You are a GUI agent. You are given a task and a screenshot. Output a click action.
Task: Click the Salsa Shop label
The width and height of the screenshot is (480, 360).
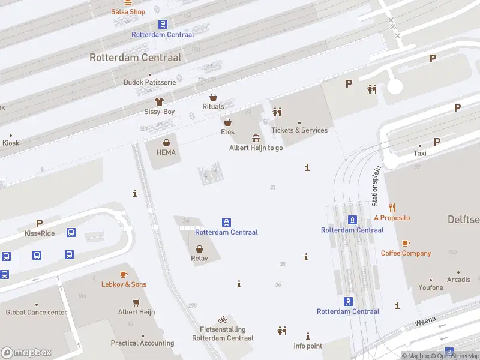point(128,12)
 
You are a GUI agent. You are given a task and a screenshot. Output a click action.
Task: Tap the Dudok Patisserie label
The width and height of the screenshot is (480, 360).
point(149,82)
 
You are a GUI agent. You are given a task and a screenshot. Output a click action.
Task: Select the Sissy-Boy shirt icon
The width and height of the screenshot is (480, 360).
point(159,102)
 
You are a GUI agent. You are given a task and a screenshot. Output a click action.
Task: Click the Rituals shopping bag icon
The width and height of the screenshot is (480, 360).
point(213,97)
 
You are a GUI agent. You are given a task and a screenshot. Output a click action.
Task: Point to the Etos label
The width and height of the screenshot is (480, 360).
point(227,132)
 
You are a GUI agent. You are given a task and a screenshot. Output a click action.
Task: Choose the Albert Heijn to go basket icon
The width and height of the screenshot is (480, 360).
point(256,138)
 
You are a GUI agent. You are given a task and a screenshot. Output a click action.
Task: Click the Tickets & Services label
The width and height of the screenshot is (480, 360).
point(299,130)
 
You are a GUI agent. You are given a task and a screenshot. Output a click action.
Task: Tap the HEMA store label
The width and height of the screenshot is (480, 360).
point(166,152)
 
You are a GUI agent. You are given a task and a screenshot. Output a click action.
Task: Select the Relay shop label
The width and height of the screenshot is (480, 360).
point(199,259)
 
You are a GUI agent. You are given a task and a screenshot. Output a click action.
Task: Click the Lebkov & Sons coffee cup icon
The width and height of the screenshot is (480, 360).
point(124,274)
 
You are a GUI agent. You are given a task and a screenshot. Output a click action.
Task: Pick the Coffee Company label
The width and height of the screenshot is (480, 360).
point(406,253)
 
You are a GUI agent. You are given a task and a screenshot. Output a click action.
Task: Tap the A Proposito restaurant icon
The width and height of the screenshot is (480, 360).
point(392,208)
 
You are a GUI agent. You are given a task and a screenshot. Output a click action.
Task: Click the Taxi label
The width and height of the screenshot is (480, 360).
point(420,154)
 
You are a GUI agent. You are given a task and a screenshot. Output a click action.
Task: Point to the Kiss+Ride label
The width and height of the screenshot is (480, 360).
point(40,233)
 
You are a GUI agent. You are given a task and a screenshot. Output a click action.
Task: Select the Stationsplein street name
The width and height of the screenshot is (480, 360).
point(376,187)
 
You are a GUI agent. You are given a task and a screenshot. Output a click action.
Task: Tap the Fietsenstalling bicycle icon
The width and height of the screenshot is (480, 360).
point(223,320)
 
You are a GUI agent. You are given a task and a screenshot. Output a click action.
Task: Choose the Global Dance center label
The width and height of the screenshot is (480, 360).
point(36,312)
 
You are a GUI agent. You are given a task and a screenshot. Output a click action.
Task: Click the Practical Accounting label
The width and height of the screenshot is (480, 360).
point(142,343)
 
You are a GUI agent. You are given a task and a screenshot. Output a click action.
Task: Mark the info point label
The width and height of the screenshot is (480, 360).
point(308,346)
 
